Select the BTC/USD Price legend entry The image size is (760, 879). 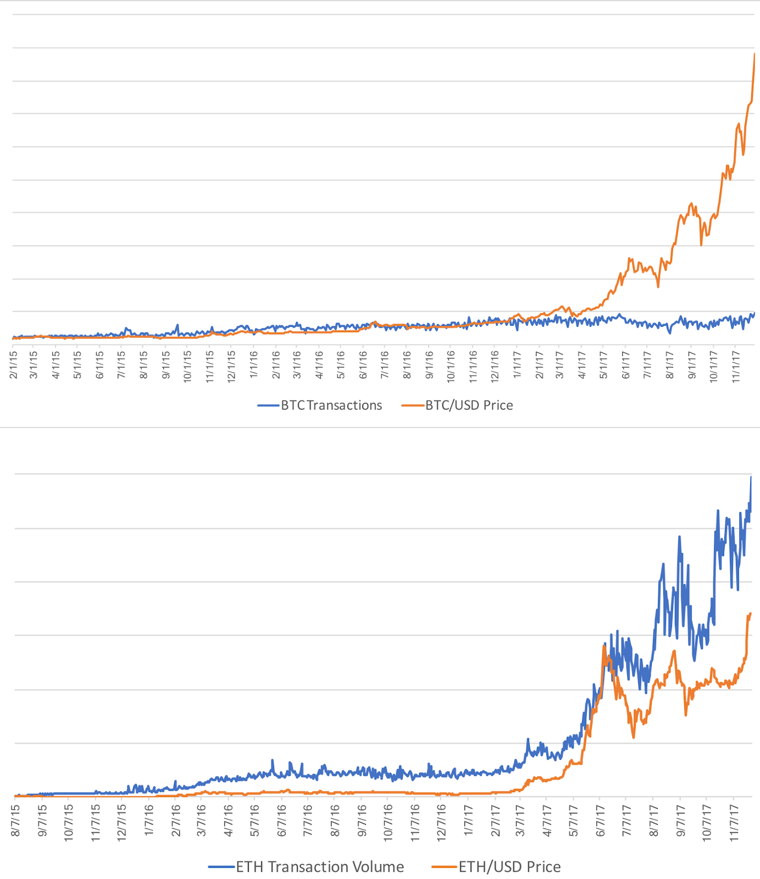coord(469,405)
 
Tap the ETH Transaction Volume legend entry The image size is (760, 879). coord(319,867)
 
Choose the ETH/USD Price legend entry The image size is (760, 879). coord(509,867)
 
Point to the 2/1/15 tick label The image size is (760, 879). coord(13,365)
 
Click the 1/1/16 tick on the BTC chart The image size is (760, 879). coord(254,365)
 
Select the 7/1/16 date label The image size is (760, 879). coord(385,365)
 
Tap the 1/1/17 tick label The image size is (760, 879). coord(517,365)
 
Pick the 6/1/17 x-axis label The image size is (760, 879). coord(625,365)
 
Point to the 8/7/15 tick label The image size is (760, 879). coord(15,821)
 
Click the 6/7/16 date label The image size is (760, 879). coord(282,821)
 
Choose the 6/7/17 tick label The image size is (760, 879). coord(600,821)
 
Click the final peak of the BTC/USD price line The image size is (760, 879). coord(755,54)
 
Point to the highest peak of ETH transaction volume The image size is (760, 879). coord(751,477)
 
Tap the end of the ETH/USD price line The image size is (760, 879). coord(750,614)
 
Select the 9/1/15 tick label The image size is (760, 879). coord(165,365)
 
